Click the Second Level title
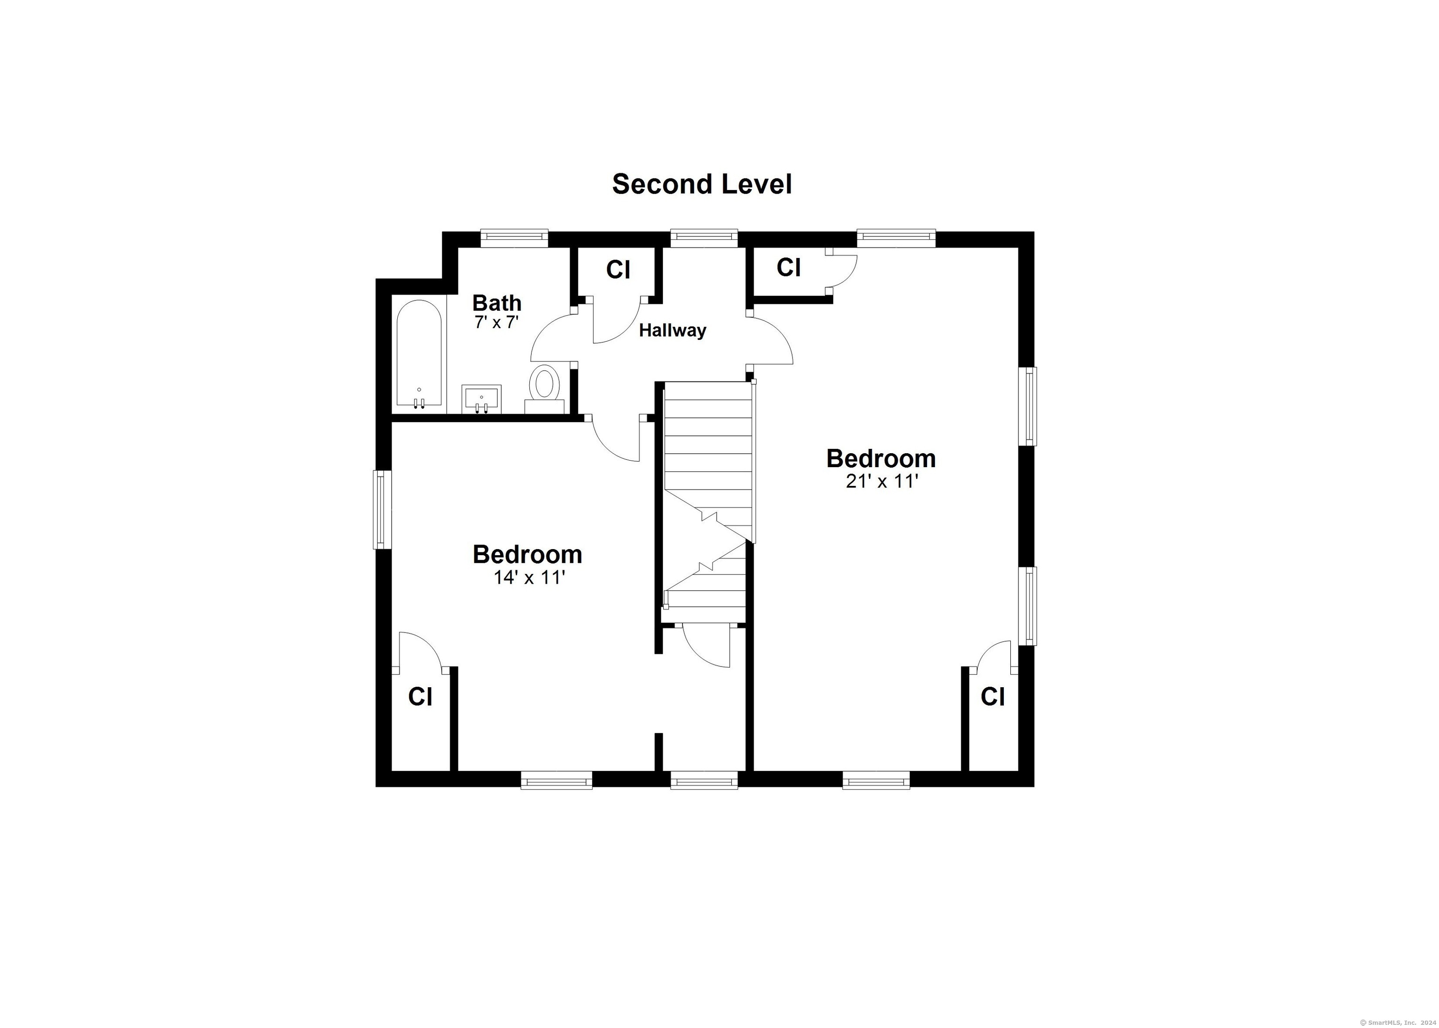(x=702, y=184)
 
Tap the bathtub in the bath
(x=419, y=353)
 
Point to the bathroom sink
(x=482, y=399)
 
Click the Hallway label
(x=672, y=330)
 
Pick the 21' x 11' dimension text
(x=882, y=482)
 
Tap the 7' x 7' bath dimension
(x=497, y=322)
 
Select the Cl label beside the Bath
(x=618, y=270)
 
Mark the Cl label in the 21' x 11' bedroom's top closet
(x=788, y=267)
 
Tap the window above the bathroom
(x=514, y=238)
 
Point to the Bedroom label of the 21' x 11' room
(x=881, y=458)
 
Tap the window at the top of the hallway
(x=705, y=238)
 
